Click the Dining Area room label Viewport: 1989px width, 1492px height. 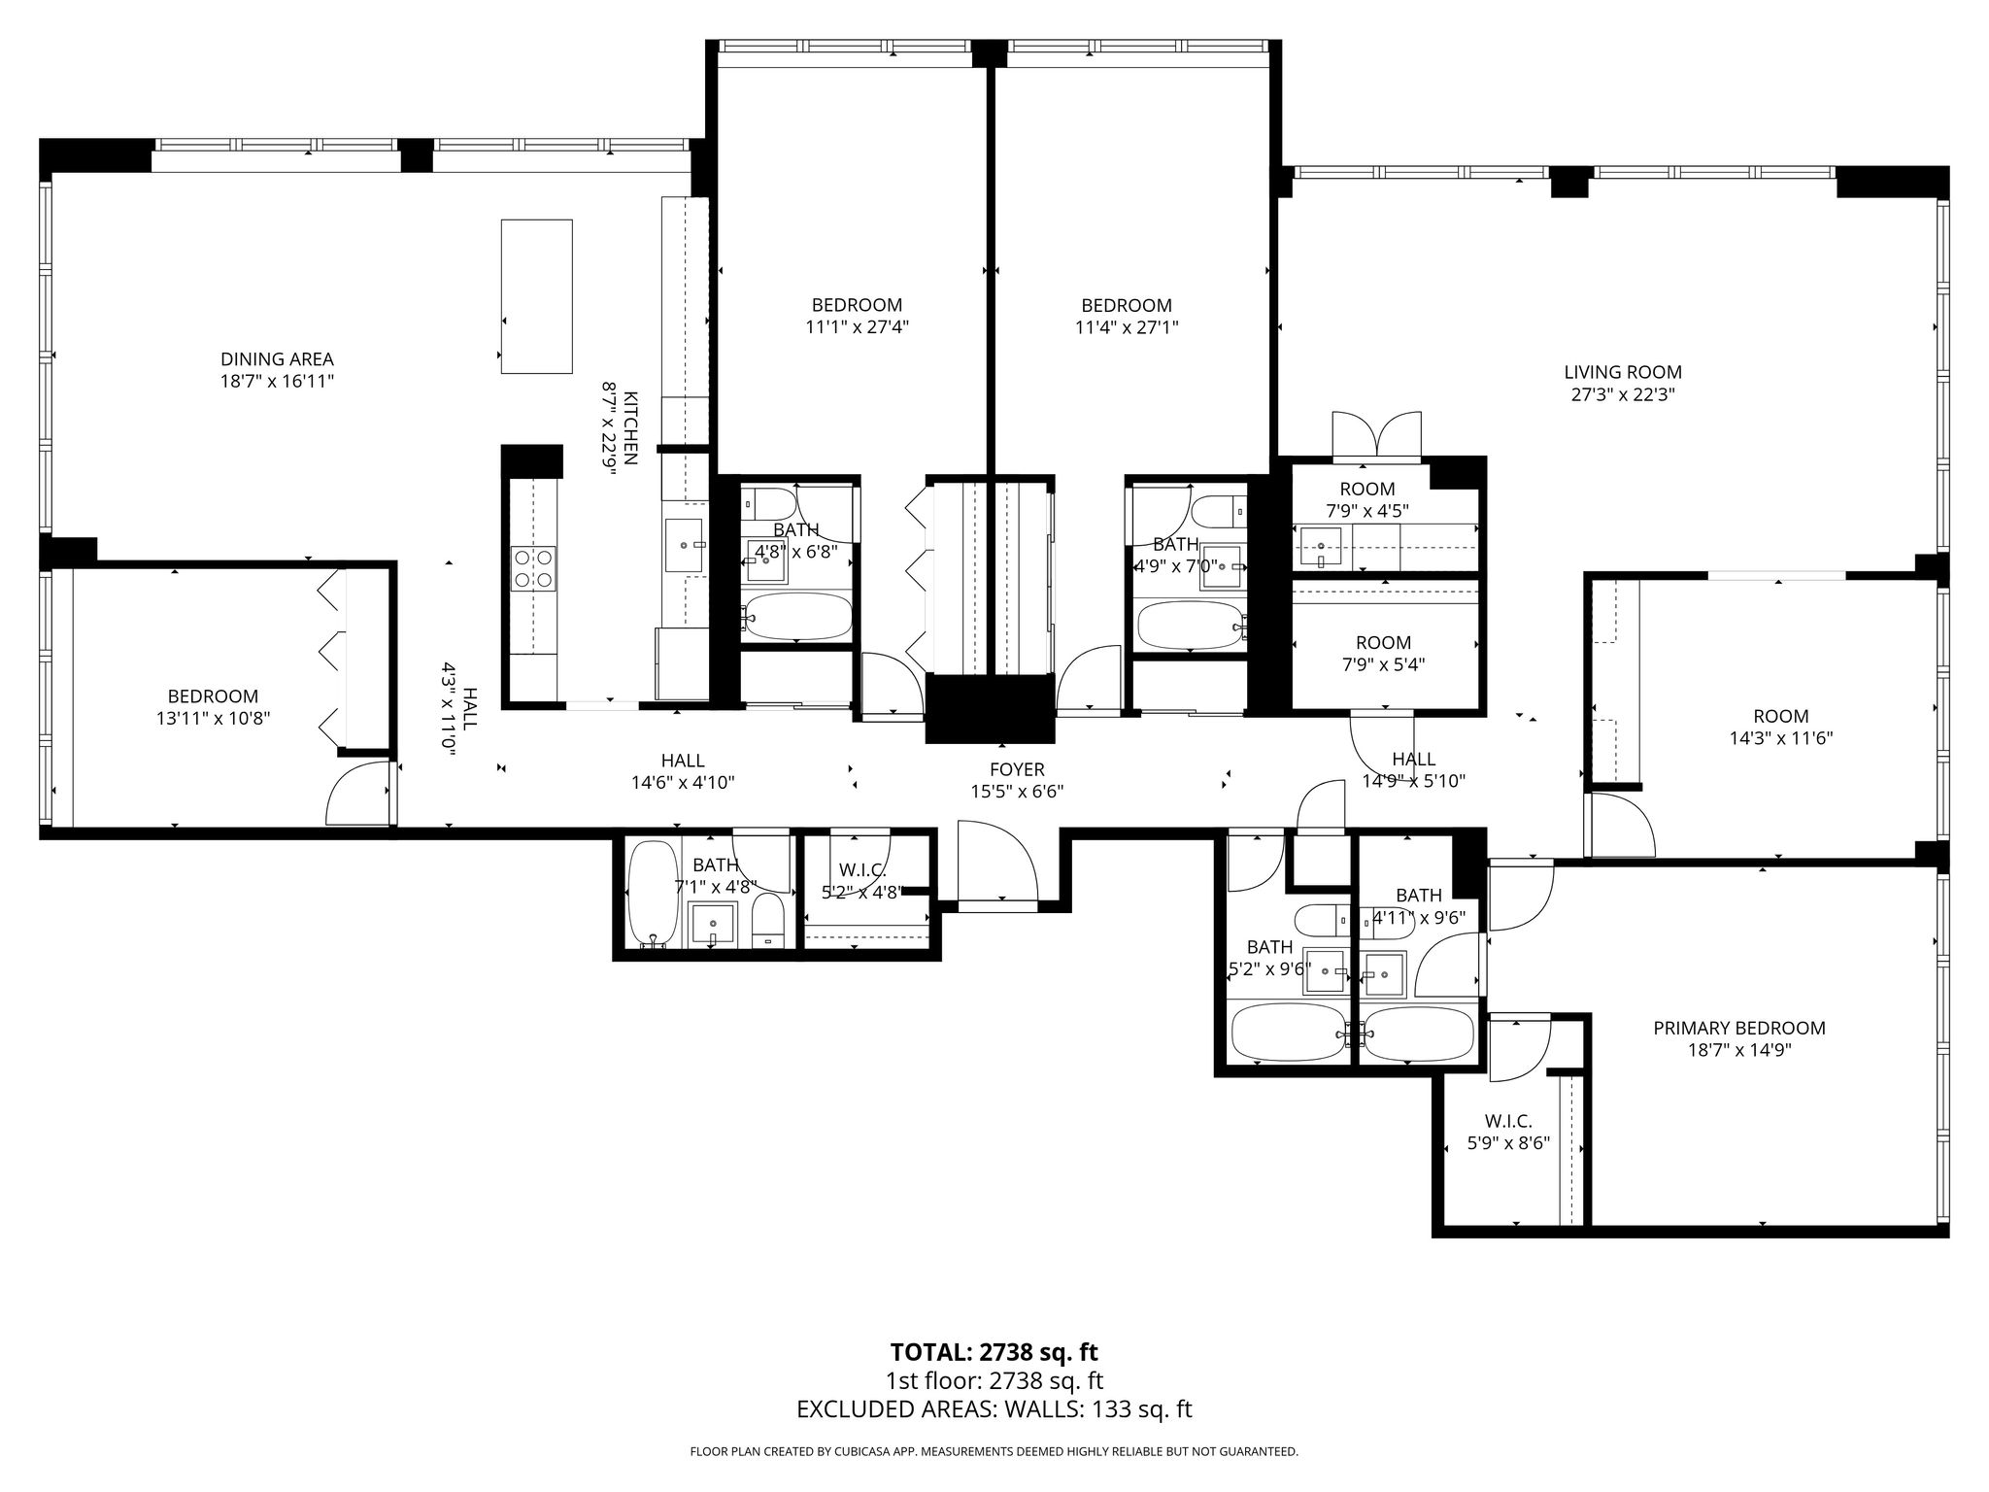point(277,359)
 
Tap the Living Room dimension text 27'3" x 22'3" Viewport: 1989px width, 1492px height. point(1623,394)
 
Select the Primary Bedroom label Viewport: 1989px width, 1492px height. point(1739,1028)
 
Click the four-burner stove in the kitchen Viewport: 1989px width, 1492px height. point(533,568)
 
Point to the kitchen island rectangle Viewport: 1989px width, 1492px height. point(536,296)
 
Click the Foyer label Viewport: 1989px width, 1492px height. point(1017,770)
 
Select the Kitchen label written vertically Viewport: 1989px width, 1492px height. point(630,428)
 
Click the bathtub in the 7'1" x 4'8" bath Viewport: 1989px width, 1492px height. point(653,893)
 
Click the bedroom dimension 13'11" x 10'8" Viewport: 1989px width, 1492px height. point(214,719)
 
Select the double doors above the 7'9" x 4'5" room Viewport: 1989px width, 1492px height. point(1378,435)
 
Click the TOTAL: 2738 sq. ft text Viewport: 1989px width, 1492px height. point(994,1352)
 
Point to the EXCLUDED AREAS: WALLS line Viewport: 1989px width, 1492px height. point(994,1409)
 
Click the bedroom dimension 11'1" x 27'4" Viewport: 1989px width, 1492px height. point(857,327)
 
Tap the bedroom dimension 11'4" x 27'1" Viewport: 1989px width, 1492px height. point(1127,327)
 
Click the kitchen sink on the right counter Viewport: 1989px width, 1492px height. point(685,546)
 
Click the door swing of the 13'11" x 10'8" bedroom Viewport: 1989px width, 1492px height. point(358,792)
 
